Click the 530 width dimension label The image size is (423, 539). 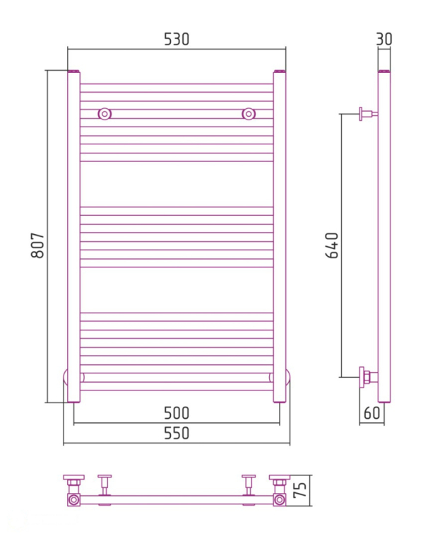[x=177, y=40]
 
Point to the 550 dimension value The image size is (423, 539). [x=177, y=434]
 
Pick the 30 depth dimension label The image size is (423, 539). [x=384, y=40]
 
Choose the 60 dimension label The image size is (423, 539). [x=372, y=412]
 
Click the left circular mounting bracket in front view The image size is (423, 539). [x=105, y=113]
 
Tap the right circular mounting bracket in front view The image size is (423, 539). [x=249, y=113]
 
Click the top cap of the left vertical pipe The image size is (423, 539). [x=73, y=71]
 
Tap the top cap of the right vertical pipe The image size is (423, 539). [x=280, y=71]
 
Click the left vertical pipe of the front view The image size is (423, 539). [x=73, y=233]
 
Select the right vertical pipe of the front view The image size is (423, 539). [x=280, y=233]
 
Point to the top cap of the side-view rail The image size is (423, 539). [x=384, y=71]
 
